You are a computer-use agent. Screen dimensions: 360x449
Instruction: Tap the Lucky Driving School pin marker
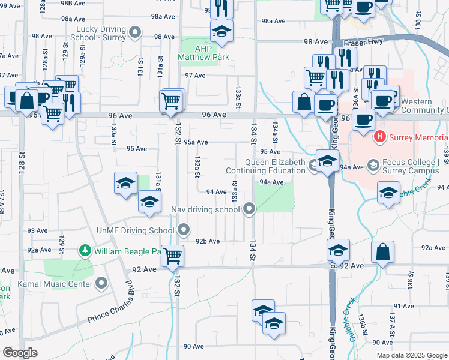click(x=136, y=33)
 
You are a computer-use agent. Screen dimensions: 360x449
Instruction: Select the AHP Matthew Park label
click(x=196, y=53)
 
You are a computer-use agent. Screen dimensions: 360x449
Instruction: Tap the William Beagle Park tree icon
click(x=86, y=250)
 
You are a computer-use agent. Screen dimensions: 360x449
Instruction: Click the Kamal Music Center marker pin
click(x=101, y=283)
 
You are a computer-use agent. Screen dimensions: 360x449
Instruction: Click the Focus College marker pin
click(x=373, y=164)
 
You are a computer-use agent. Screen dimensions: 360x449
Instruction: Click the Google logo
click(x=19, y=353)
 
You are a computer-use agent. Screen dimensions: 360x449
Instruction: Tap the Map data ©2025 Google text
click(x=411, y=355)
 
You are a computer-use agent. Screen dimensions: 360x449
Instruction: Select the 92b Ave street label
click(x=208, y=241)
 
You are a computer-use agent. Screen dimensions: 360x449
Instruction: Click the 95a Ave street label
click(x=196, y=142)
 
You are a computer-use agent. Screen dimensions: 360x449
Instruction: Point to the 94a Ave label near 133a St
click(x=271, y=182)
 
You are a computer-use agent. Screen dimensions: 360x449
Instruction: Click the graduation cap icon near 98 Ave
click(x=221, y=32)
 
